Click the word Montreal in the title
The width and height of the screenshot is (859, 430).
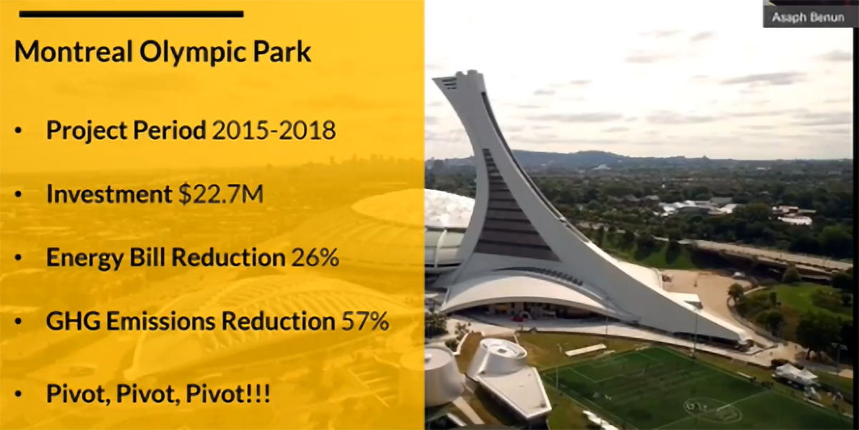coord(74,51)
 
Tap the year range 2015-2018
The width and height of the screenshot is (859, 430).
coord(273,130)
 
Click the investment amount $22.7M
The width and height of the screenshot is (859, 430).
coord(221,194)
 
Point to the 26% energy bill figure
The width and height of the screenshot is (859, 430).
coord(315,257)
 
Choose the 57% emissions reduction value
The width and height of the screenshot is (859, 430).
coord(365,321)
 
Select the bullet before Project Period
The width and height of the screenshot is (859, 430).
coord(19,130)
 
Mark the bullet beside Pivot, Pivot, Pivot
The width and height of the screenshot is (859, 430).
coord(19,394)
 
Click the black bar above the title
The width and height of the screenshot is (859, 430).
coord(131,14)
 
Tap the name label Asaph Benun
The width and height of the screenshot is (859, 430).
coord(808,18)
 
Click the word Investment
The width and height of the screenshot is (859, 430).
coord(109,194)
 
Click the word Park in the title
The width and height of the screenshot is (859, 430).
coord(282,51)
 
